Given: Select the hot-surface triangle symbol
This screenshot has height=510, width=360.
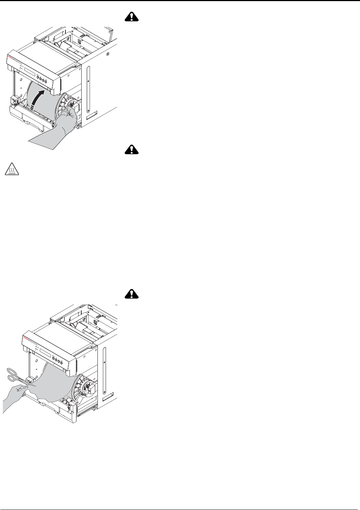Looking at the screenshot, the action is [11, 170].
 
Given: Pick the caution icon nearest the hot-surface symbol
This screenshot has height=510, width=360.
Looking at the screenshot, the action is [131, 149].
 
